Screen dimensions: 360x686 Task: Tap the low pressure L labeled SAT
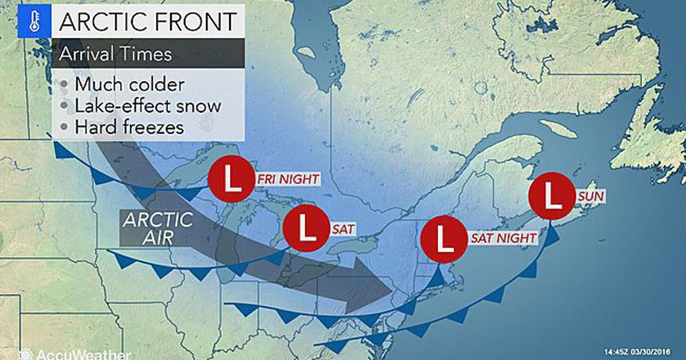(x=307, y=228)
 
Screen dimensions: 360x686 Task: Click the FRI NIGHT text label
(x=287, y=179)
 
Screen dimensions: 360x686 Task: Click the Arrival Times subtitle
(x=115, y=53)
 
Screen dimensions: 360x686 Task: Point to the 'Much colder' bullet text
(x=130, y=85)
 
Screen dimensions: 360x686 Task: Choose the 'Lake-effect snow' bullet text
(x=147, y=106)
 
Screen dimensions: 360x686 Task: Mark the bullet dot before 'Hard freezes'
(x=64, y=128)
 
